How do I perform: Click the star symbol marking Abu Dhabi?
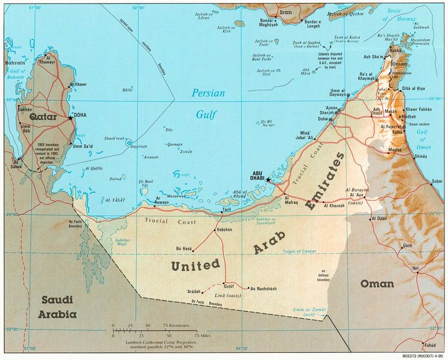pyautogui.click(x=268, y=179)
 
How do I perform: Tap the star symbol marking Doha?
pyautogui.click(x=70, y=118)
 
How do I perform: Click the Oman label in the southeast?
pyautogui.click(x=376, y=283)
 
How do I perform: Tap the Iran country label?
pyautogui.click(x=285, y=11)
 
